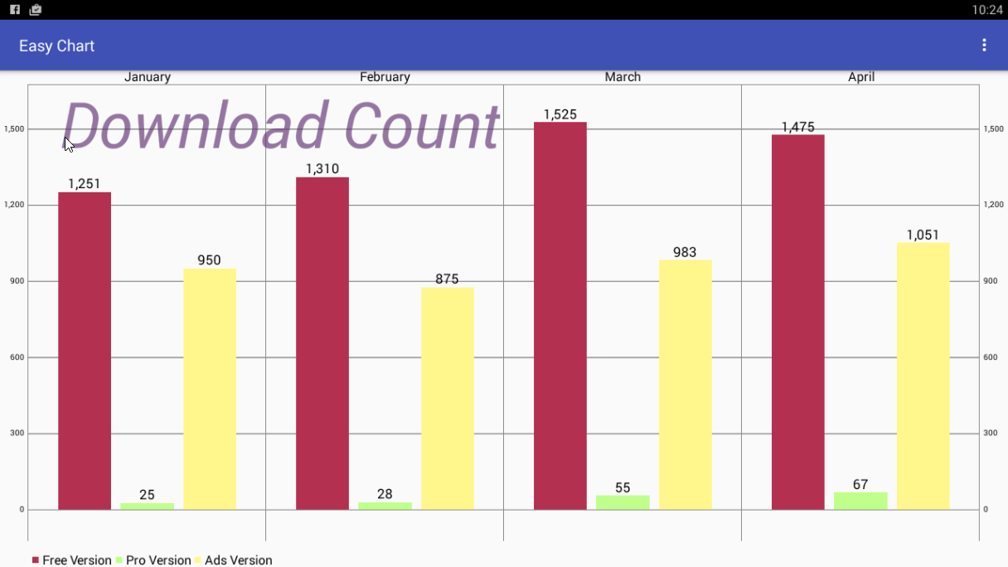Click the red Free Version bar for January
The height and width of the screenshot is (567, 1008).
(85, 351)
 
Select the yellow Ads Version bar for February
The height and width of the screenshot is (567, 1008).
(447, 399)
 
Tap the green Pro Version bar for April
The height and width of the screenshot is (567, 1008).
(860, 501)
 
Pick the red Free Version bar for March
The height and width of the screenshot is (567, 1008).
(560, 316)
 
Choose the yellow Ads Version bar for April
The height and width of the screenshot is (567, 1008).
(923, 376)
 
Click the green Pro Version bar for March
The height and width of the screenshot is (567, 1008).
(623, 502)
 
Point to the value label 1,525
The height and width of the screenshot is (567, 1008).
(560, 114)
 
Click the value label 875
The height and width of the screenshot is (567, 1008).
(447, 279)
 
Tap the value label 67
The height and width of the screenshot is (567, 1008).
(860, 484)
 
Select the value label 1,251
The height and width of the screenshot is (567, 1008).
(85, 184)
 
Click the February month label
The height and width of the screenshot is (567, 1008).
(385, 77)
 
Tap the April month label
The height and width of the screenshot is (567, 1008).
(861, 77)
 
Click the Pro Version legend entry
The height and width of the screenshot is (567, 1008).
(153, 560)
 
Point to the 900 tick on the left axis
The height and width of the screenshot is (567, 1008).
(15, 281)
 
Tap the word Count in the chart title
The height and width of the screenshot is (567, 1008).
(421, 127)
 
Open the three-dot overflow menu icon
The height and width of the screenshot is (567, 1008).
(984, 46)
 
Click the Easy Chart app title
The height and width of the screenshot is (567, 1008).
(57, 46)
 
